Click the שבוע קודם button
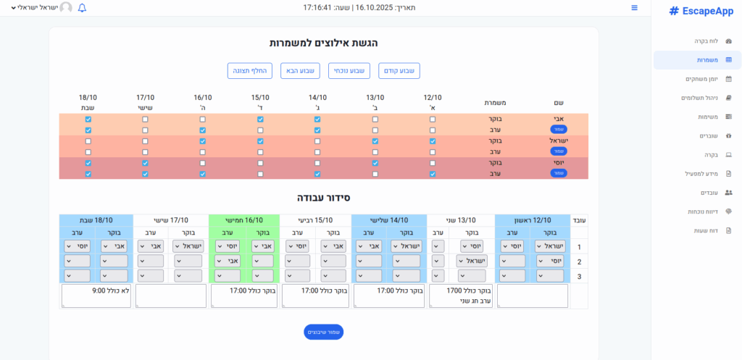pyautogui.click(x=399, y=70)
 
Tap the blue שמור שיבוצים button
pyautogui.click(x=323, y=332)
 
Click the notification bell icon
pyautogui.click(x=82, y=8)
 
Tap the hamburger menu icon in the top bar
pyautogui.click(x=635, y=8)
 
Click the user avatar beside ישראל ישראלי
pyautogui.click(x=66, y=8)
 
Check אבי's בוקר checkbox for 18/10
pyautogui.click(x=88, y=119)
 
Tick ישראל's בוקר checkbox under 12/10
pyautogui.click(x=433, y=141)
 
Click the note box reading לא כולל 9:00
pyautogui.click(x=96, y=296)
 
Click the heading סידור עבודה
pyautogui.click(x=323, y=197)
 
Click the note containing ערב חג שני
pyautogui.click(x=461, y=296)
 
